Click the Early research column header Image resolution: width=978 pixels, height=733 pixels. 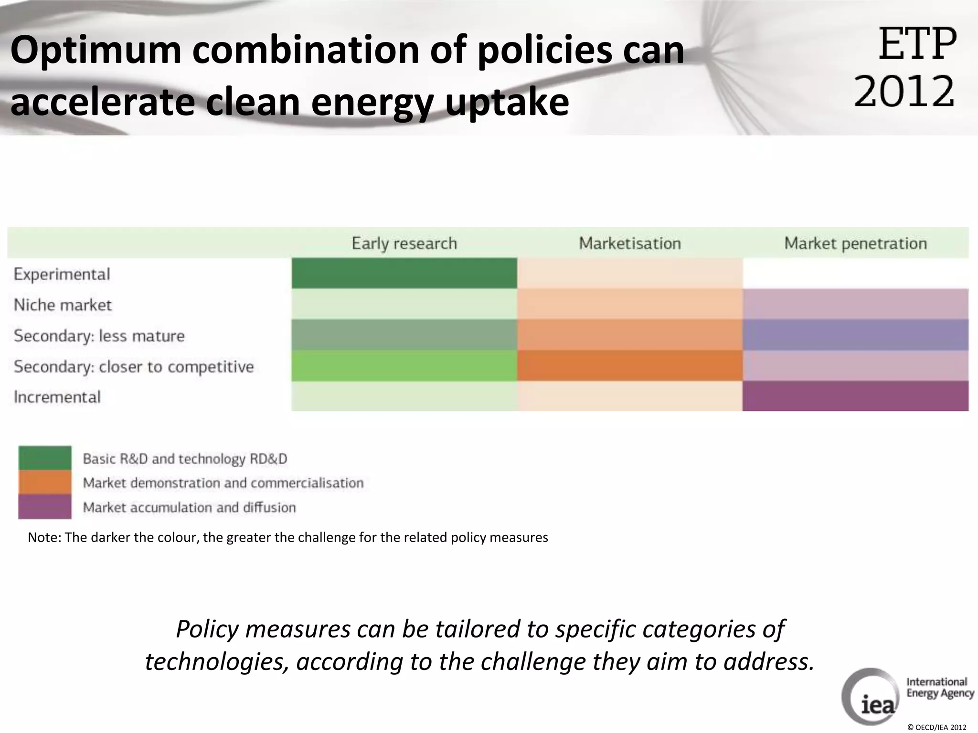pyautogui.click(x=404, y=243)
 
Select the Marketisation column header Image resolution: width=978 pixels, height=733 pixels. pyautogui.click(x=629, y=243)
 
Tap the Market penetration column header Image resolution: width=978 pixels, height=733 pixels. pyautogui.click(x=855, y=243)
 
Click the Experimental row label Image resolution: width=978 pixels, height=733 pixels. pyautogui.click(x=62, y=274)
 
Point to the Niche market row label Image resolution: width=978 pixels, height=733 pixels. pyautogui.click(x=63, y=305)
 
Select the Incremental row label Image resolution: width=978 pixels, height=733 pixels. pyautogui.click(x=57, y=397)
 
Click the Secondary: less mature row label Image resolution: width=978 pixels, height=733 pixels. pyautogui.click(x=99, y=336)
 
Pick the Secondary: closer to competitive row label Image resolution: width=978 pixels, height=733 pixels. pyautogui.click(x=134, y=366)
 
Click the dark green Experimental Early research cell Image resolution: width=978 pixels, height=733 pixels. pyautogui.click(x=404, y=273)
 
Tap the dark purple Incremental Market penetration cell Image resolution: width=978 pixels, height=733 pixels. pyautogui.click(x=855, y=396)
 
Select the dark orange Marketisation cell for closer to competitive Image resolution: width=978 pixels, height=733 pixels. pyautogui.click(x=629, y=366)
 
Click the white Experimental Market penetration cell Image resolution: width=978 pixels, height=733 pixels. pyautogui.click(x=855, y=273)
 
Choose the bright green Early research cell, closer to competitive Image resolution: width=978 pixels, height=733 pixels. pyautogui.click(x=404, y=366)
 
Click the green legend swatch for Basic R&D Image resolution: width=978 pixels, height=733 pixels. pyautogui.click(x=45, y=458)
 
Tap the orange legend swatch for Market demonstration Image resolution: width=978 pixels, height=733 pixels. pyautogui.click(x=45, y=482)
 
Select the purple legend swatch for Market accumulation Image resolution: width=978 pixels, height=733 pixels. pyautogui.click(x=45, y=507)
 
